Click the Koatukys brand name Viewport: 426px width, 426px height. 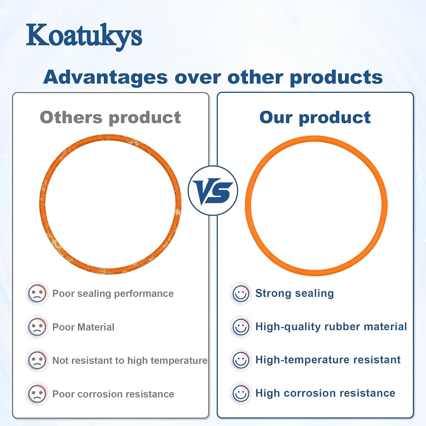[x=84, y=37]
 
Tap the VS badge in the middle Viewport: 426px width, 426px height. [x=213, y=190]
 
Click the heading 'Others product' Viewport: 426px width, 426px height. [x=110, y=118]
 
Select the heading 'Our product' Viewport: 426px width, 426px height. [x=315, y=118]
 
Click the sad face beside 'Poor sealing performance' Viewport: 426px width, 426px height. [x=37, y=294]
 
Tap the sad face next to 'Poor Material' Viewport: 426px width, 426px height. [x=37, y=327]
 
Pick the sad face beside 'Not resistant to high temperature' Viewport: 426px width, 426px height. [x=37, y=360]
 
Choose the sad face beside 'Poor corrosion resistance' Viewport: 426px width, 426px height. [x=37, y=394]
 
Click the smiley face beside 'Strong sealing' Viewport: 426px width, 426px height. [x=241, y=294]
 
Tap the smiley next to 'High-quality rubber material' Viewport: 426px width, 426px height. [x=241, y=327]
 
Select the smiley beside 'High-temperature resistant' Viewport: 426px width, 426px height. [x=241, y=360]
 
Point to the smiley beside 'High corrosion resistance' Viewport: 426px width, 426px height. [x=241, y=394]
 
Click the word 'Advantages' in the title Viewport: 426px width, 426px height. [x=105, y=78]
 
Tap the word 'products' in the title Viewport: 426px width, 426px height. [x=337, y=78]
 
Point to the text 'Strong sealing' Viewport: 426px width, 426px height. [x=295, y=294]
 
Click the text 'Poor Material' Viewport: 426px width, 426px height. [x=83, y=327]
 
